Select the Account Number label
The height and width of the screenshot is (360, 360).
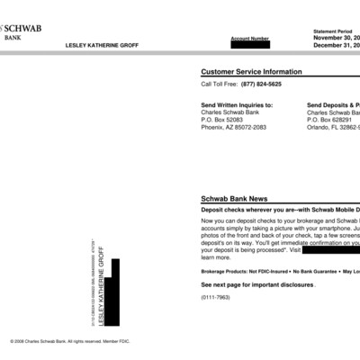249,39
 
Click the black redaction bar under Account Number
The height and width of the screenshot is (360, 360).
249,46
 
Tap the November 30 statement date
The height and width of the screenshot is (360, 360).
337,39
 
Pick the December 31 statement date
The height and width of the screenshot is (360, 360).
337,47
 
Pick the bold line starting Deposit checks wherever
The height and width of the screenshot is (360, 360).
280,209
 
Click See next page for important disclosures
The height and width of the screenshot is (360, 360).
257,284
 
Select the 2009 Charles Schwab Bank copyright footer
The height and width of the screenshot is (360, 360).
66,342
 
